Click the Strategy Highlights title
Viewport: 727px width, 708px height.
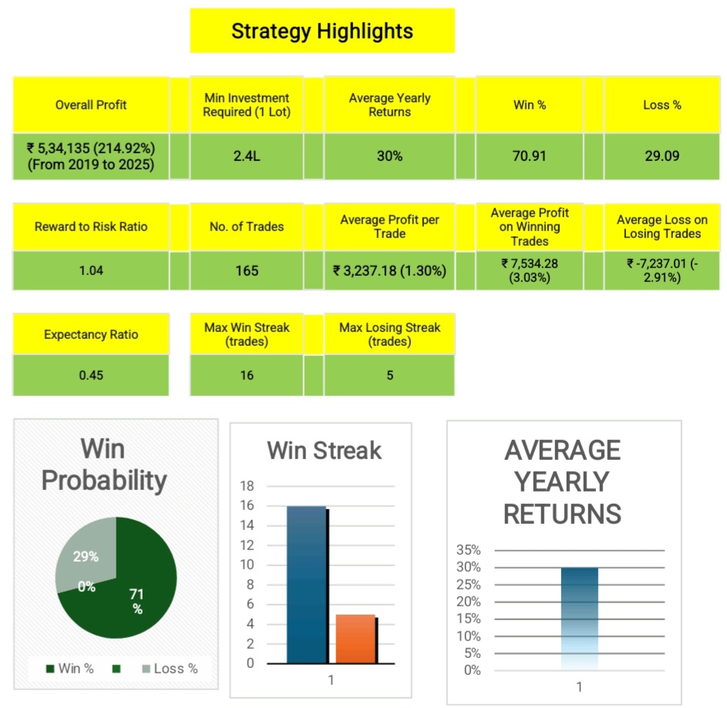[322, 32]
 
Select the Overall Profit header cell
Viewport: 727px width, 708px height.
[91, 105]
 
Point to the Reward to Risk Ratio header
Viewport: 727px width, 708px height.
[91, 226]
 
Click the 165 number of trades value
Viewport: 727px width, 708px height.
[247, 270]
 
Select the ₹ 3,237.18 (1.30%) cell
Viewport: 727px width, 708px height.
[390, 270]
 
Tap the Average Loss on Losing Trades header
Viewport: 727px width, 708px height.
[661, 226]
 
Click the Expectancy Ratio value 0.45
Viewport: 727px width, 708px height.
[91, 376]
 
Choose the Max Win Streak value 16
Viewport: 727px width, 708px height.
[247, 376]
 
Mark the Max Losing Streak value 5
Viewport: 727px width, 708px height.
[390, 376]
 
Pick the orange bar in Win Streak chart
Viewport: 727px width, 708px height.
[355, 639]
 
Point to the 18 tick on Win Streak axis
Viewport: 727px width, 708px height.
[247, 486]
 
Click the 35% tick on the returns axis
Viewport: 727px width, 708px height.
[469, 550]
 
